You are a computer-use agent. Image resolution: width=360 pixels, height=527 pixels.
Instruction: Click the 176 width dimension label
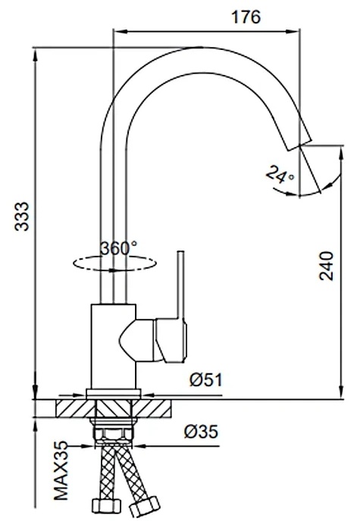click(x=246, y=17)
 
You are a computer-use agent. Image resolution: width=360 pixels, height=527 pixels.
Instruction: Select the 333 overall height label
click(x=22, y=216)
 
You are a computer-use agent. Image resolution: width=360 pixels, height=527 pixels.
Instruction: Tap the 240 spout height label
click(x=326, y=266)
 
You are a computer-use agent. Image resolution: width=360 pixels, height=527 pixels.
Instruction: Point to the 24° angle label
click(x=280, y=175)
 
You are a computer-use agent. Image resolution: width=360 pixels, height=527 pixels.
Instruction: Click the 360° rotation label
click(x=118, y=248)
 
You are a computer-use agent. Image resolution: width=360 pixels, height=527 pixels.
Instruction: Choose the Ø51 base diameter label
click(x=206, y=380)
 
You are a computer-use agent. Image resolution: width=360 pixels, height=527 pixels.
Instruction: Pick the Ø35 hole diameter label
click(x=201, y=432)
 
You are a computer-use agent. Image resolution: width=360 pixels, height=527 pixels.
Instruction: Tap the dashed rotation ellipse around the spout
click(x=114, y=263)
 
